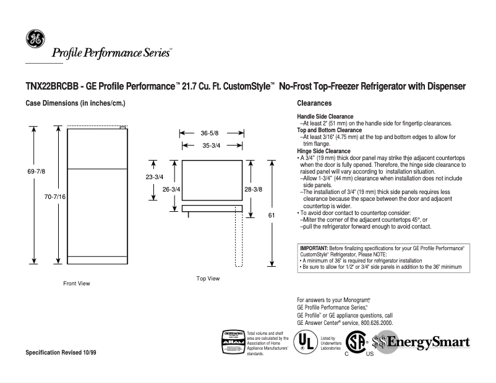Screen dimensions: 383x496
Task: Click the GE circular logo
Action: [34, 40]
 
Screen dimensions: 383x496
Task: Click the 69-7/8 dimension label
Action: [36, 171]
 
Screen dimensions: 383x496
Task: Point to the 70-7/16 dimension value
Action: [54, 196]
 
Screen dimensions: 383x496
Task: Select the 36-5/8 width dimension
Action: [209, 133]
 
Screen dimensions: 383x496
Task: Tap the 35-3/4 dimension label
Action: [209, 145]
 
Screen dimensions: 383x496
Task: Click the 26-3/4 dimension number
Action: [171, 190]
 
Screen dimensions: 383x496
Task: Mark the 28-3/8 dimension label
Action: [253, 190]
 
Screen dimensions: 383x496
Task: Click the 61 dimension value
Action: [272, 215]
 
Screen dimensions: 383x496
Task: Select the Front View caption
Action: [77, 284]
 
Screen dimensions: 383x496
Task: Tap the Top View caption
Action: [208, 279]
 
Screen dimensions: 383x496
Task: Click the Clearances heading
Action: [315, 103]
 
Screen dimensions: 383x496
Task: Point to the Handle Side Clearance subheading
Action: [325, 117]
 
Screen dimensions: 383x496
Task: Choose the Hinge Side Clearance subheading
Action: [323, 151]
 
